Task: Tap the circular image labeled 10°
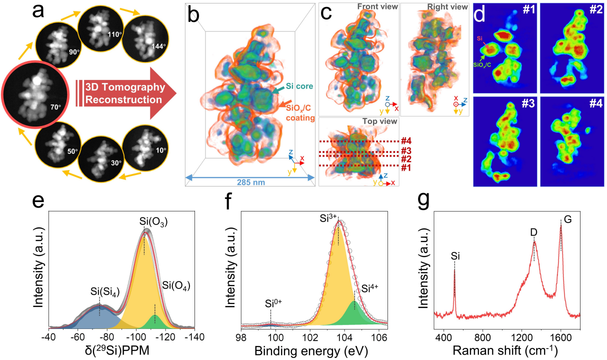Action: click(143, 148)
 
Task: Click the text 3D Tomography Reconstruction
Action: click(125, 93)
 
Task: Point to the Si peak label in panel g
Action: click(454, 256)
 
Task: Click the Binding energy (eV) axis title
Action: click(311, 350)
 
